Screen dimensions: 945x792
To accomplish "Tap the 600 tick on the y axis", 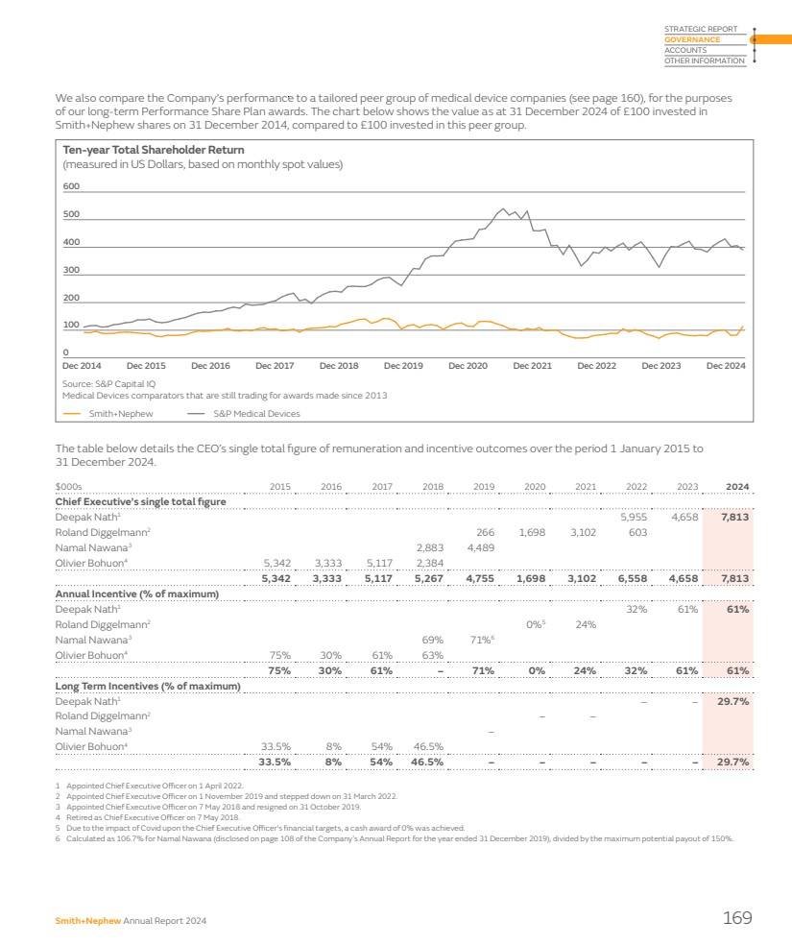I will point(71,186).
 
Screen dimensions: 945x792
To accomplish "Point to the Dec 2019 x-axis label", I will point(403,365).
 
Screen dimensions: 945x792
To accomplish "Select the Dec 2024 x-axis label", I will point(726,365).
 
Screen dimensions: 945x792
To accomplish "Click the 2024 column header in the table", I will point(737,487).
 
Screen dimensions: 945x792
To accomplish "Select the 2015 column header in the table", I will point(280,487).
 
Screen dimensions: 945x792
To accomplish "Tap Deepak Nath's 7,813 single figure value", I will point(734,517).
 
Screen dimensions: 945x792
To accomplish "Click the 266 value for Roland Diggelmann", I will point(485,532).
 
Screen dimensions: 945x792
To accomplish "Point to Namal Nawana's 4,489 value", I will point(480,547).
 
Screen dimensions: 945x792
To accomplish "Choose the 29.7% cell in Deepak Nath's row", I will point(733,701).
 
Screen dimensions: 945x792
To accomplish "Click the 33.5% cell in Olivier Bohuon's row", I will point(276,746).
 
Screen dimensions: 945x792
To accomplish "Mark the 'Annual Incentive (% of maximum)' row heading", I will point(137,594).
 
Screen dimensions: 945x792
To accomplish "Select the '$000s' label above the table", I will point(69,487).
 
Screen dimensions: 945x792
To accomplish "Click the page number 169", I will point(736,918).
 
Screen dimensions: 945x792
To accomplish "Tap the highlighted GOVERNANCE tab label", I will point(692,40).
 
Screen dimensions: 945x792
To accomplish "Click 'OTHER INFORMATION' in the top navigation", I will point(704,61).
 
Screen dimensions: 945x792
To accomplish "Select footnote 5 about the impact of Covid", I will point(259,827).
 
